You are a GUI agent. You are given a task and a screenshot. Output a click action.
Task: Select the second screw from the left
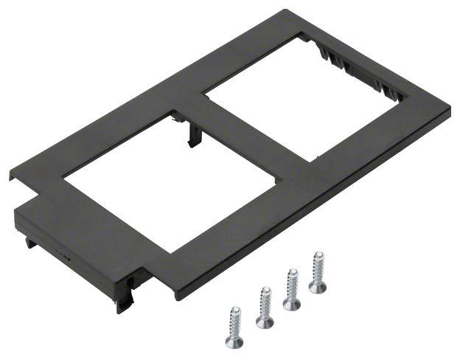(265, 309)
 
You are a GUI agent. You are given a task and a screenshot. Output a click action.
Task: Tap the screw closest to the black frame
(318, 271)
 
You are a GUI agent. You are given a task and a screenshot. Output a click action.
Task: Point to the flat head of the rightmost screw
(318, 286)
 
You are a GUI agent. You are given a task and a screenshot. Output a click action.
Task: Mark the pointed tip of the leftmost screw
(234, 308)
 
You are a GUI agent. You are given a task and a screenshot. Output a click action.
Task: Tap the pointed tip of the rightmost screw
(318, 254)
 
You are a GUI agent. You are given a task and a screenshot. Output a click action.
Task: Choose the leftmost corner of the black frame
(10, 177)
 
